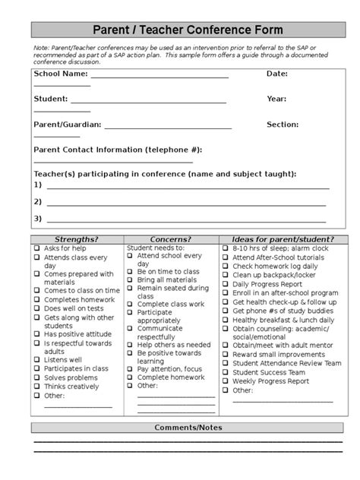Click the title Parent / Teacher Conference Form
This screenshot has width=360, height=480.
(188, 30)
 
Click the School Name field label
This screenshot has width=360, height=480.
(60, 74)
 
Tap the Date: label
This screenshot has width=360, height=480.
(276, 74)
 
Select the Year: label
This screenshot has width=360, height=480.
(276, 99)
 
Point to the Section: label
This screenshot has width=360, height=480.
(283, 124)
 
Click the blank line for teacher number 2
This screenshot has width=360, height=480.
(186, 203)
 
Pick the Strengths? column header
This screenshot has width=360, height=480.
(77, 238)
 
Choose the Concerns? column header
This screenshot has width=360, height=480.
(170, 238)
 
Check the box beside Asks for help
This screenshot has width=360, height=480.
(36, 248)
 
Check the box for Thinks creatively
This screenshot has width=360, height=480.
(36, 386)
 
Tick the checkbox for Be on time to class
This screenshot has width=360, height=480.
(130, 271)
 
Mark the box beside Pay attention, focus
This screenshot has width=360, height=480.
(130, 368)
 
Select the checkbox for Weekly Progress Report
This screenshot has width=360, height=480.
(226, 381)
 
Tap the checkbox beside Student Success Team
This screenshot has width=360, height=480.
(226, 372)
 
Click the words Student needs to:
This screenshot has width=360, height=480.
(155, 248)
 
